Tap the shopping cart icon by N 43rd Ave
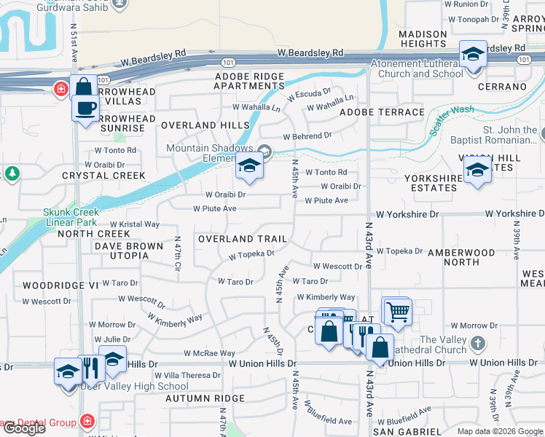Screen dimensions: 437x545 [x=397, y=312]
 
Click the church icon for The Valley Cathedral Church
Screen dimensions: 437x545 [x=477, y=343]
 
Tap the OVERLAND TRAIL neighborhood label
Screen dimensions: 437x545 [x=243, y=239]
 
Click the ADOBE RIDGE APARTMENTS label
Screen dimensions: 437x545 [x=248, y=81]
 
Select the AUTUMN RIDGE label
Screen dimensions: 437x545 [x=205, y=398]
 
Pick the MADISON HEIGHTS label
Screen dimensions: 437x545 [x=423, y=39]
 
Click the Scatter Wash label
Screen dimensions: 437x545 [x=452, y=117]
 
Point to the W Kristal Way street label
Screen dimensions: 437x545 [x=134, y=224]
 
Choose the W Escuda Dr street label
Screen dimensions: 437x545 [x=309, y=95]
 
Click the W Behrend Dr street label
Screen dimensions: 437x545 [x=307, y=136]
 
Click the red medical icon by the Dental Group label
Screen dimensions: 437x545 [x=87, y=421]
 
